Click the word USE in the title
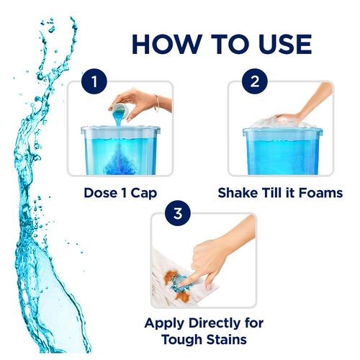click(x=285, y=44)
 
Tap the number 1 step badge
click(x=94, y=81)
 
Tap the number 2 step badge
click(x=255, y=81)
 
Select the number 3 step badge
click(x=178, y=213)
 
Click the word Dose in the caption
click(x=101, y=193)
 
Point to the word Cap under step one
click(x=143, y=194)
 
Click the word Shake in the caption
click(x=238, y=192)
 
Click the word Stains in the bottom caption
click(x=226, y=340)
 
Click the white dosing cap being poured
click(x=120, y=109)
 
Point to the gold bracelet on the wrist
click(x=157, y=103)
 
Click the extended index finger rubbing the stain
click(x=186, y=280)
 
